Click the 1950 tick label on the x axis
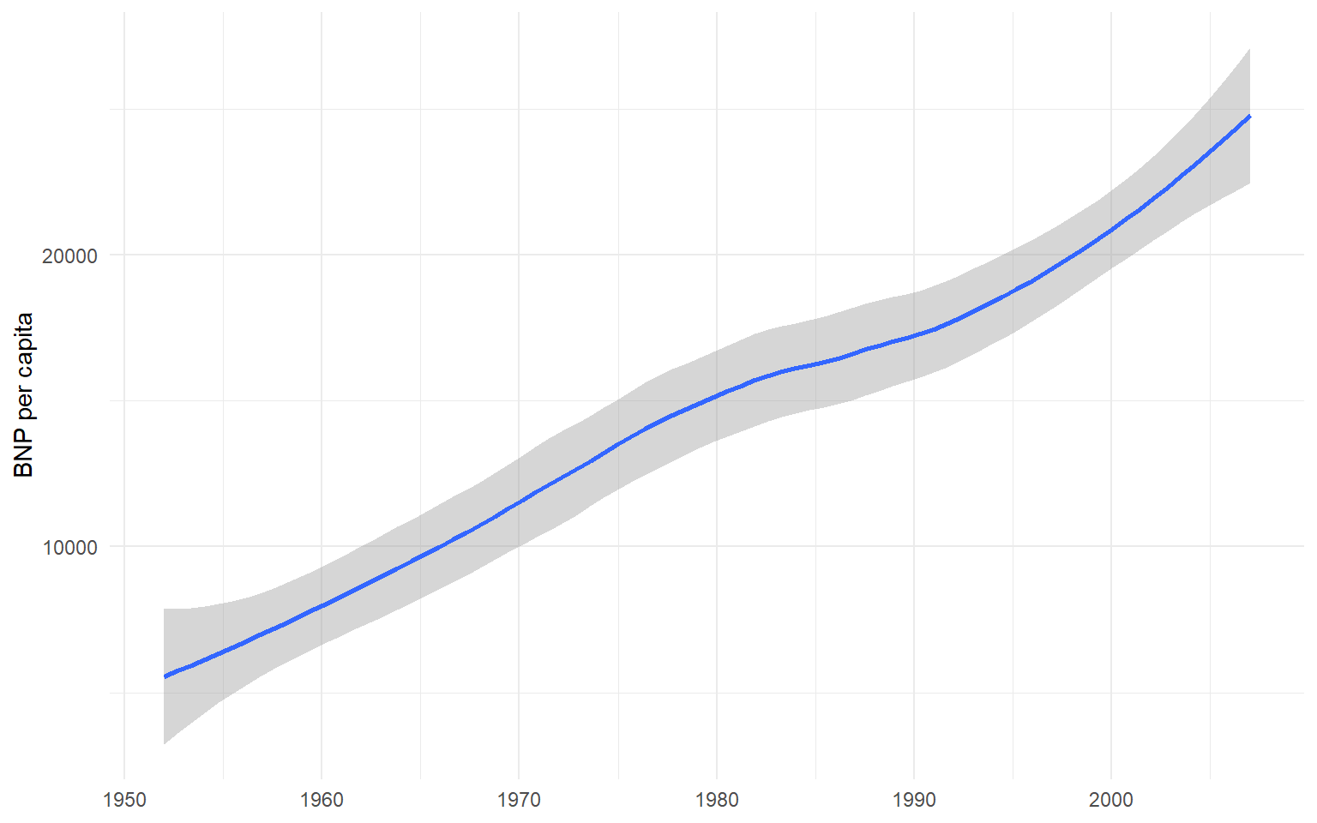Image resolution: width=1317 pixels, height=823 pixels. (124, 800)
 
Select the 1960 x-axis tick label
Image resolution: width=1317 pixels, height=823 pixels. (322, 800)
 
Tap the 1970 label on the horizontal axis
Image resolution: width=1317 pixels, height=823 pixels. (519, 800)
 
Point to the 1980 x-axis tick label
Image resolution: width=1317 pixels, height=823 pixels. (717, 800)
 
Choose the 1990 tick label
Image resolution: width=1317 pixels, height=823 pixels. (914, 800)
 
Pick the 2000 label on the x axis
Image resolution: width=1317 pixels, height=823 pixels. (1111, 800)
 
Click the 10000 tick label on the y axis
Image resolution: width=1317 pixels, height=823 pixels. (69, 547)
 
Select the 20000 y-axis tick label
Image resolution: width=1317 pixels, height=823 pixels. (69, 255)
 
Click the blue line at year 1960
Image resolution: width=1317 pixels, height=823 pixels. (322, 605)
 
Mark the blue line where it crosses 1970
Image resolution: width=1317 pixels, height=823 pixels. (519, 502)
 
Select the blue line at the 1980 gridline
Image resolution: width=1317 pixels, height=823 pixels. (717, 395)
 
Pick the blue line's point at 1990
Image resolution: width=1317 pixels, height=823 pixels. (914, 334)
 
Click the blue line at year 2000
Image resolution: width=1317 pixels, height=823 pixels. (1111, 229)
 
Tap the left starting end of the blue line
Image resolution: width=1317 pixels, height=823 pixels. (165, 676)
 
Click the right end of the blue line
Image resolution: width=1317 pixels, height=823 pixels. (1249, 116)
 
